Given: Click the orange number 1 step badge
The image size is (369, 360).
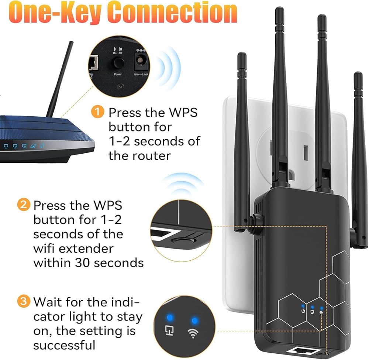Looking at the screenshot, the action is pos(97,112).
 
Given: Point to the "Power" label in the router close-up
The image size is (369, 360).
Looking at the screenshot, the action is pos(118,74).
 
